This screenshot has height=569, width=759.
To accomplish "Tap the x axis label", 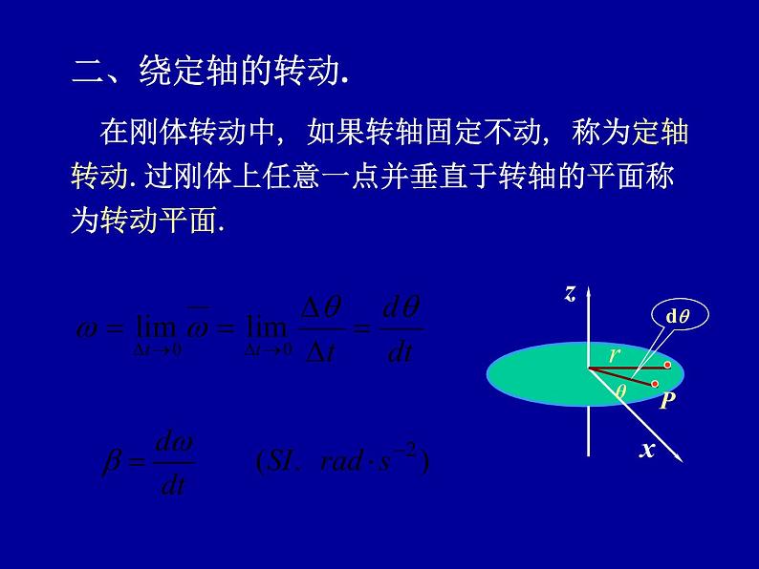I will pos(647,449).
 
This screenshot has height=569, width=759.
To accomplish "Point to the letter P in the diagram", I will pos(668,401).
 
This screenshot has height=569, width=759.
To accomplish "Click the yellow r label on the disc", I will pos(616,355).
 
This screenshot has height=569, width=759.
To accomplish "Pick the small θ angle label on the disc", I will pos(620,390).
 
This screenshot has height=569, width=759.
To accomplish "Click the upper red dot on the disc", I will pos(667,366).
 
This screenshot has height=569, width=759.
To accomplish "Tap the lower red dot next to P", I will pos(654,385).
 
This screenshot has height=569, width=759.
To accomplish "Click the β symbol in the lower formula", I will pos(114,463).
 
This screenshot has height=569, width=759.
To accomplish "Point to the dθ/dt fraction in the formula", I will pos(401,329).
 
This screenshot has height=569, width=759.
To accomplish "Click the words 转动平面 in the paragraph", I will pos(160,221).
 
